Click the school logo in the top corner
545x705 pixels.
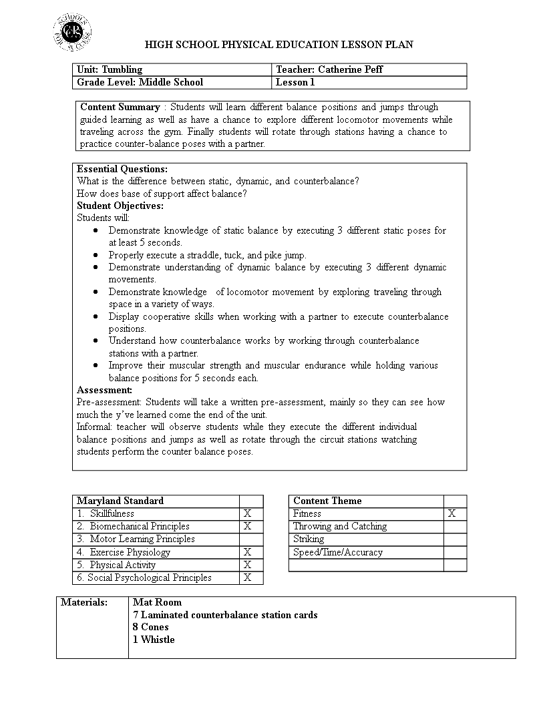72,31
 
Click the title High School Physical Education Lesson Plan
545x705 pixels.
279,45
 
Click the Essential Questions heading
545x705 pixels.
122,169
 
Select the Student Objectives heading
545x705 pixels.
120,206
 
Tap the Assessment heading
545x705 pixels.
105,390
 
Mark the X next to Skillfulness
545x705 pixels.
247,513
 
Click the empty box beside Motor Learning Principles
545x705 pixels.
251,539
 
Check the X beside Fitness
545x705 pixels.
452,513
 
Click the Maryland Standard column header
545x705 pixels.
120,501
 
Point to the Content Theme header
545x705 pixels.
327,501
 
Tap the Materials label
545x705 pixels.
84,602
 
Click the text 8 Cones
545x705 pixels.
151,627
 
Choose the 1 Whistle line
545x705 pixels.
154,640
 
